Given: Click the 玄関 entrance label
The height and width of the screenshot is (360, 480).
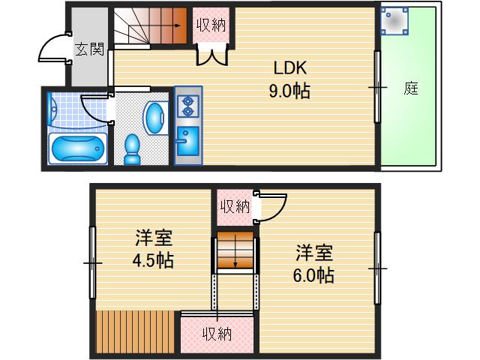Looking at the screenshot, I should coord(89,50).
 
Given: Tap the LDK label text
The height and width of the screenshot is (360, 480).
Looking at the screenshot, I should coord(288,69).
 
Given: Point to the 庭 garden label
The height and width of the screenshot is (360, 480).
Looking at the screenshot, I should coord(410,88).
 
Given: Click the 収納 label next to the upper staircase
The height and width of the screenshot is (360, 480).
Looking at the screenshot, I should coord(211,25).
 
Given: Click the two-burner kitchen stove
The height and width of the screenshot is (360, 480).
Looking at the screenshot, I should coord(187,106).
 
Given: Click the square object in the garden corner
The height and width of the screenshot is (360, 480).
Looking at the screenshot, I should coord(395,22).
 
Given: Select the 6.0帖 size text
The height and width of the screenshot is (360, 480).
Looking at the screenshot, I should coord(313,275).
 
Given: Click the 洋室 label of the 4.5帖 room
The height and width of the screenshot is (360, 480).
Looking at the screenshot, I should coord(154,240).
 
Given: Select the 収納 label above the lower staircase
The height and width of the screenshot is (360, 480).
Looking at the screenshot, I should coord(235,206).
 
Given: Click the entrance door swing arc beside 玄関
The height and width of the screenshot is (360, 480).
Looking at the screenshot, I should coord(52,50).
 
